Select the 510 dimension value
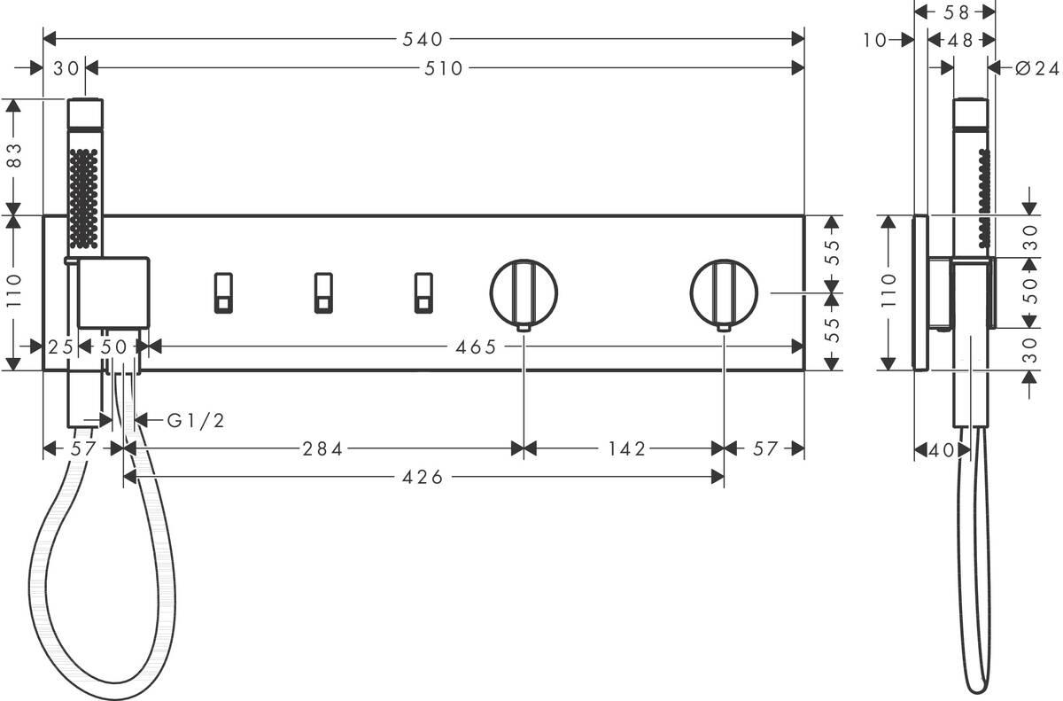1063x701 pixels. tap(445, 68)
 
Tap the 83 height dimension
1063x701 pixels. tap(13, 156)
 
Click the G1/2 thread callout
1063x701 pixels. tap(196, 420)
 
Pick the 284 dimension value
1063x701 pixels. tap(322, 449)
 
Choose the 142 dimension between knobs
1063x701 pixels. tap(627, 449)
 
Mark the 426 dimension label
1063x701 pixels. tap(423, 478)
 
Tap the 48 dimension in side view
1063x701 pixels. tap(960, 40)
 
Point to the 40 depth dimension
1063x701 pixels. tap(943, 450)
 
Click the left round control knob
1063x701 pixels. tap(524, 293)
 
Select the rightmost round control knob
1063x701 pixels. tap(724, 293)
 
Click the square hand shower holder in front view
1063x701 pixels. tap(113, 292)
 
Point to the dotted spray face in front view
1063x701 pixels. tap(83, 197)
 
